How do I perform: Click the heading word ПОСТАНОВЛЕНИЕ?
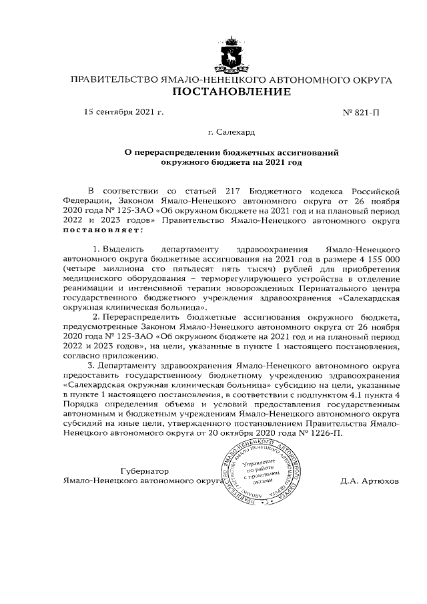[x=231, y=91]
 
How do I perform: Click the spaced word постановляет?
[x=103, y=230]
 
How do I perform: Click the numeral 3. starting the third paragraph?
[x=91, y=366]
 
